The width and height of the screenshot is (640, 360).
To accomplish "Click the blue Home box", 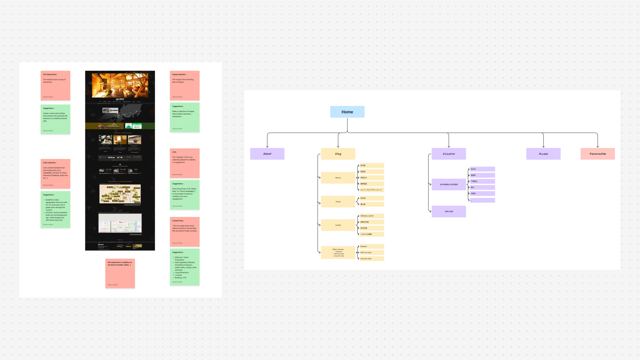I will coord(347,112).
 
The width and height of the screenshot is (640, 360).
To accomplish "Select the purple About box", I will coord(267,154).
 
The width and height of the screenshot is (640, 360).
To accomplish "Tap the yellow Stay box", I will coord(338,154).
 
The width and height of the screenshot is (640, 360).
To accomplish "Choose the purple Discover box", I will coord(449,154).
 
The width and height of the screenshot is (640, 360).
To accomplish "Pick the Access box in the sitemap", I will coord(543,154).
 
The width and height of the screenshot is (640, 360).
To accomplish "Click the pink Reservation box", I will coord(597,154).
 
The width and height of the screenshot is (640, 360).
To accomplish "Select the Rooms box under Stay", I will coord(338,178).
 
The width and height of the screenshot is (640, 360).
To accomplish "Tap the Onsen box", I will coord(338,202).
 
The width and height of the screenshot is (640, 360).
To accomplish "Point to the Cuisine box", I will coord(338,225).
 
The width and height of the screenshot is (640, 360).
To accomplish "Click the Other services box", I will coord(338,253).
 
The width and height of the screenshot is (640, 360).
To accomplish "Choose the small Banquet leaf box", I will coord(371,246).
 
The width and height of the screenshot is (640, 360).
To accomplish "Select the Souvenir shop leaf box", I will coord(371,259).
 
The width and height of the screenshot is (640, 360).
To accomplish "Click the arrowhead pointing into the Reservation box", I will coord(598,146).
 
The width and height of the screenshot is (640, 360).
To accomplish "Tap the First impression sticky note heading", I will coord(50,75).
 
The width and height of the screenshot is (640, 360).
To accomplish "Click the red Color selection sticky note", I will coord(55,174).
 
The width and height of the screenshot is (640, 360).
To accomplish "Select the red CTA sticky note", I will coord(185,163).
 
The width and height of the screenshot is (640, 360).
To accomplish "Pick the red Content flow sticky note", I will coord(185,232).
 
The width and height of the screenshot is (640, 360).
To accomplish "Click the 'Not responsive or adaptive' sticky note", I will coord(120,273).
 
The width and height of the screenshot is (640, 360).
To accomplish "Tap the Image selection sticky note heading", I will coord(179,75).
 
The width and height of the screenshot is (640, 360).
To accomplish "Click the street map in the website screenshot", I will coord(120,223).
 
